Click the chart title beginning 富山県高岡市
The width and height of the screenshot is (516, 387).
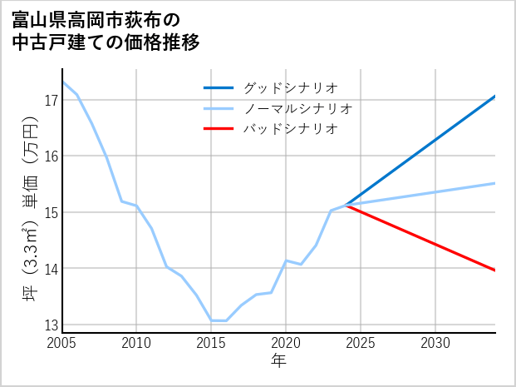click(x=106, y=31)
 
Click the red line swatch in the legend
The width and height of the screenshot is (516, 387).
click(x=219, y=129)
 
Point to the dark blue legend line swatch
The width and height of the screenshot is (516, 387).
click(x=219, y=87)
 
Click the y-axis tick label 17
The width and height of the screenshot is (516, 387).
click(x=50, y=101)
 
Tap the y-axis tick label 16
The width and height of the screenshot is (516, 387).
click(x=50, y=156)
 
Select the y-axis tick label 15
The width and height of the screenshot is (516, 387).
click(x=50, y=212)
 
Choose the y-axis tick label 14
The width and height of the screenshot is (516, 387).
click(x=50, y=269)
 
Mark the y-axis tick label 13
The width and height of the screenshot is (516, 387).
click(x=50, y=325)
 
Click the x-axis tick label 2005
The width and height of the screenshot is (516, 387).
click(x=61, y=343)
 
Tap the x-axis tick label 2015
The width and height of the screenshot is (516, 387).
click(x=211, y=343)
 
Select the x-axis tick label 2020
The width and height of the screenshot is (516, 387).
click(x=286, y=343)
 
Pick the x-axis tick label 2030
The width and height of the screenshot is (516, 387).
click(x=435, y=343)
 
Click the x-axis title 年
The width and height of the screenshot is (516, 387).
click(x=278, y=360)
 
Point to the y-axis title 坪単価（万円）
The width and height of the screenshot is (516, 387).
click(x=30, y=212)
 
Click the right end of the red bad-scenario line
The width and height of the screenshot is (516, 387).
click(x=494, y=270)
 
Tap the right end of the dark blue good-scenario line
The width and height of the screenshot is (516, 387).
click(x=494, y=97)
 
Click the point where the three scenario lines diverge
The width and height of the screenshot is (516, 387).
click(x=346, y=205)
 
